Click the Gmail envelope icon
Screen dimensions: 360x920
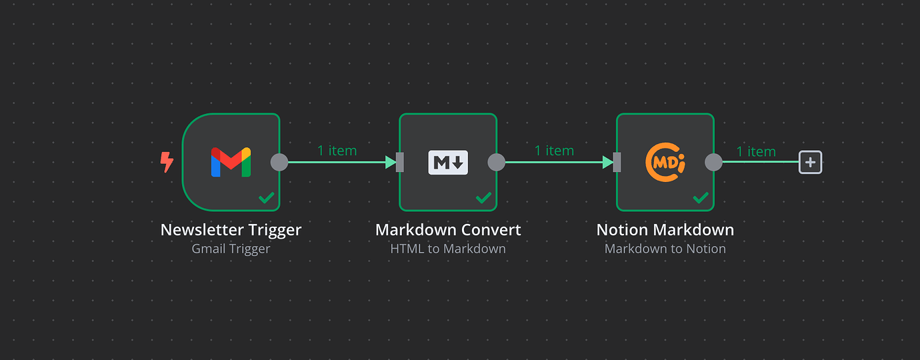[231, 162]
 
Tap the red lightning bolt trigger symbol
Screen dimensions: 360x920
[167, 162]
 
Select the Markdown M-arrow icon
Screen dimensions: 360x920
[448, 162]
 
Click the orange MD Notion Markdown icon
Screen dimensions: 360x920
[665, 162]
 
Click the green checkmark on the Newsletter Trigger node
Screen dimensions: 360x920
[267, 197]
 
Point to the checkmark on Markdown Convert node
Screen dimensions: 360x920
[484, 197]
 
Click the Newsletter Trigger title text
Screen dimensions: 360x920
[231, 230]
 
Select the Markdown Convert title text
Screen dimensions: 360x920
[448, 230]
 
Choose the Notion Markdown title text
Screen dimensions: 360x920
[665, 230]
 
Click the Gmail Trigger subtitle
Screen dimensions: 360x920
[231, 249]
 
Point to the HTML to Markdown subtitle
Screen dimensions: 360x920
[448, 249]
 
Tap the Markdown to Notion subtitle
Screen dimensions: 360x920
[665, 249]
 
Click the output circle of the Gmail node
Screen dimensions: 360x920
[279, 162]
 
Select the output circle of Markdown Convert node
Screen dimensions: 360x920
[497, 162]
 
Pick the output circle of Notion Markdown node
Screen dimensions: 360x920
[714, 162]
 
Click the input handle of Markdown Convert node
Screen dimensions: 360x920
[400, 162]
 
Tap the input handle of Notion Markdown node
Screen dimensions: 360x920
[617, 162]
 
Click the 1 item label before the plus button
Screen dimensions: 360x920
[756, 152]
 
